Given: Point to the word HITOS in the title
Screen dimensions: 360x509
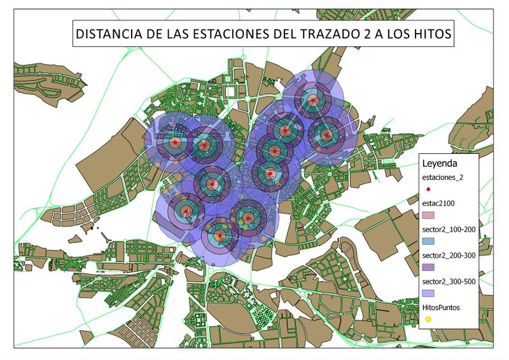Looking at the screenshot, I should pyautogui.click(x=431, y=35).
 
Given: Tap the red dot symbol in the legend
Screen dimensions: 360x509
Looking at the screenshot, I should pyautogui.click(x=428, y=190).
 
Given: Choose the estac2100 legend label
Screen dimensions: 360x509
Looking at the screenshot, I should pyautogui.click(x=439, y=204).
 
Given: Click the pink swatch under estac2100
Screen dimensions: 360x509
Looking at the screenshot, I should pyautogui.click(x=428, y=216).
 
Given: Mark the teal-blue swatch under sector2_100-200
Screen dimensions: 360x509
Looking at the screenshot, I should pyautogui.click(x=428, y=242).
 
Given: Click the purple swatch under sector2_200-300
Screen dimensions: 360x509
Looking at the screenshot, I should pyautogui.click(x=428, y=268).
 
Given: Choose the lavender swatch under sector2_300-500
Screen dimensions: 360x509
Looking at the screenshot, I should pyautogui.click(x=428, y=293).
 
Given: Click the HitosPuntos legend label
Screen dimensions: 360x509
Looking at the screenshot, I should pyautogui.click(x=442, y=307).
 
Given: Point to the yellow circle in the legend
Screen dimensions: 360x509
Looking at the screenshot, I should pyautogui.click(x=428, y=319).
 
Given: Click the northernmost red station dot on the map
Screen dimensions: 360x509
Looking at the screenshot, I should pyautogui.click(x=312, y=100).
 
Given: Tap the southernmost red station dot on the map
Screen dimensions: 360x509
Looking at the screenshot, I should pyautogui.click(x=220, y=236).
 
